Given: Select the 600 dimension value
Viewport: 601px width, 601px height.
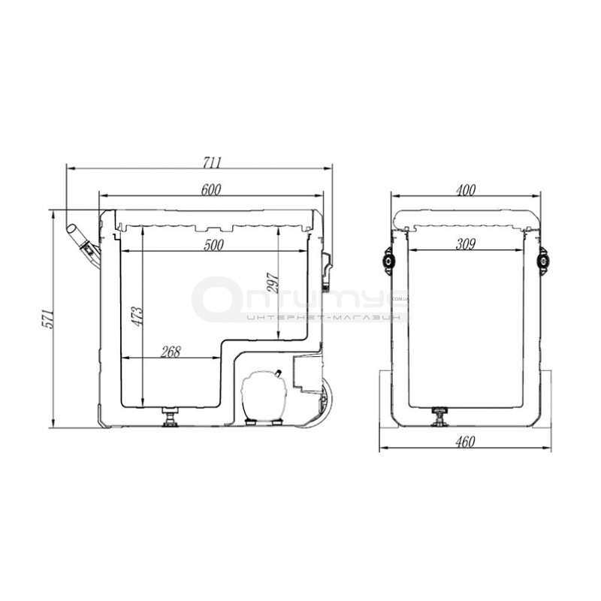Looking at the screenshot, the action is click(x=211, y=190).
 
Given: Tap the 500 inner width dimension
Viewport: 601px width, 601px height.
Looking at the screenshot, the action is click(x=213, y=245).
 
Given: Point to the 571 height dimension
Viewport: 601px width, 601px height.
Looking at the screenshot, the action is click(x=47, y=318).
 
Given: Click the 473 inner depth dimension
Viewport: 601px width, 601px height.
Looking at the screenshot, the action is click(x=137, y=316).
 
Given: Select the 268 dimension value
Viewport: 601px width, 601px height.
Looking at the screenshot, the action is click(x=171, y=352).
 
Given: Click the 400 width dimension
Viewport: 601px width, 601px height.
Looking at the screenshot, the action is click(x=465, y=190).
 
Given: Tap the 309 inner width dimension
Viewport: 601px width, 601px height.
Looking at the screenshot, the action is click(x=465, y=243).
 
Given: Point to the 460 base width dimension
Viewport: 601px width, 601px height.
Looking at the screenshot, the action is click(x=465, y=442).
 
